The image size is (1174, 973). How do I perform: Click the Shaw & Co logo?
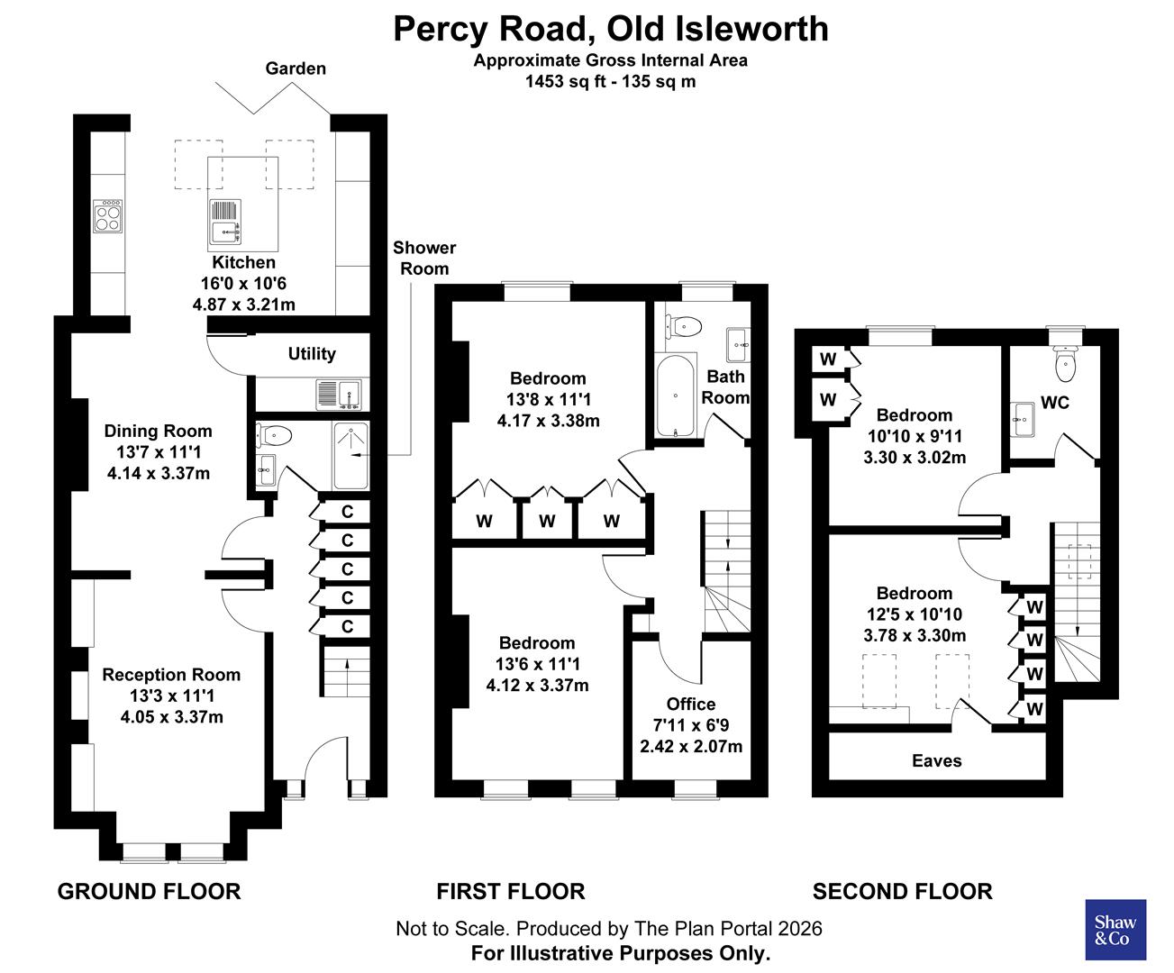[x=1115, y=929]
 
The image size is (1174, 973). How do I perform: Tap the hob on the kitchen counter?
[x=108, y=216]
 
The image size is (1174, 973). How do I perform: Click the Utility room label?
[x=312, y=354]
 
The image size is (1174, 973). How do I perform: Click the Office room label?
[x=691, y=705]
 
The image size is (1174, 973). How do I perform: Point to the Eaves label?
[x=936, y=761]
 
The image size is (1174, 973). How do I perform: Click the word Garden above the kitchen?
[x=296, y=68]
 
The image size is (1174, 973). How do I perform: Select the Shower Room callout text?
[x=424, y=258]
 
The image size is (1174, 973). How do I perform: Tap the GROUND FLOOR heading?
[x=149, y=892]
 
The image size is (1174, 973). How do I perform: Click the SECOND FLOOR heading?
[x=902, y=892]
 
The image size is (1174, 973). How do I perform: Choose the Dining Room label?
[x=158, y=431]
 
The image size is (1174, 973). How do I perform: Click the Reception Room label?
[x=171, y=675]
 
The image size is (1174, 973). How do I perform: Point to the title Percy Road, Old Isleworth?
[x=611, y=29]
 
